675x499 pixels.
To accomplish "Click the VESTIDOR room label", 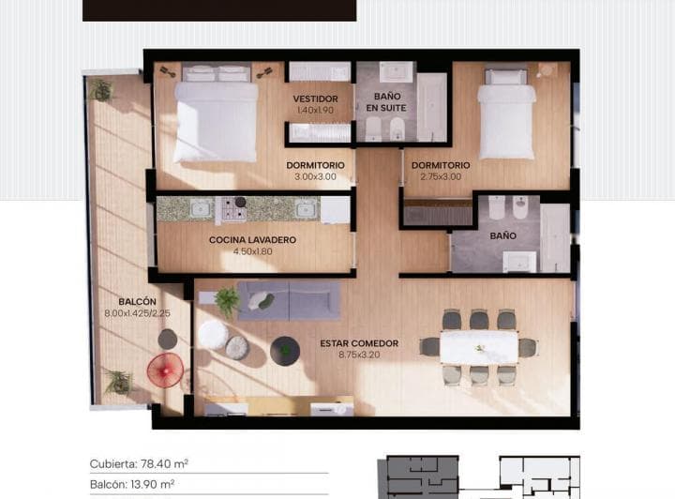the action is pyautogui.click(x=315, y=99).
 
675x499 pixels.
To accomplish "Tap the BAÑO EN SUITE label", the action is pyautogui.click(x=386, y=102).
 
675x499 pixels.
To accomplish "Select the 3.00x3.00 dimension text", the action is pyautogui.click(x=315, y=176).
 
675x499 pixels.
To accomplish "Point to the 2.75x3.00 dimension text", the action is pyautogui.click(x=441, y=176).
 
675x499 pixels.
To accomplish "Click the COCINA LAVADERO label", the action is pyautogui.click(x=252, y=240).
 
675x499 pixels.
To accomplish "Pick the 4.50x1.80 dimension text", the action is pyautogui.click(x=252, y=251).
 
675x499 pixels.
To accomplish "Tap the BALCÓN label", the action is pyautogui.click(x=137, y=302).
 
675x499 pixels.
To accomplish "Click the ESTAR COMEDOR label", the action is pyautogui.click(x=359, y=343).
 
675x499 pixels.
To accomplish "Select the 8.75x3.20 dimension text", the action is pyautogui.click(x=359, y=355).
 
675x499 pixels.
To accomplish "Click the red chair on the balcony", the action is pyautogui.click(x=165, y=370).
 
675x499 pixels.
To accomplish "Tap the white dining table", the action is pyautogui.click(x=479, y=347).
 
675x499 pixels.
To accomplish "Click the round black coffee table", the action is pyautogui.click(x=285, y=351).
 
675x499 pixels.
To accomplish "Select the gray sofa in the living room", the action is pyautogui.click(x=289, y=300).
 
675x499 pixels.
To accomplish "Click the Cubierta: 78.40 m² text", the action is pyautogui.click(x=139, y=464).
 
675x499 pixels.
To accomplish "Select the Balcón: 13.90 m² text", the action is pyautogui.click(x=132, y=485).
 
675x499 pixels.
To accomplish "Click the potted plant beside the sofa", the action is pyautogui.click(x=227, y=300).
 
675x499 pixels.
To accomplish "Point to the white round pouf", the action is pyautogui.click(x=213, y=335).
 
